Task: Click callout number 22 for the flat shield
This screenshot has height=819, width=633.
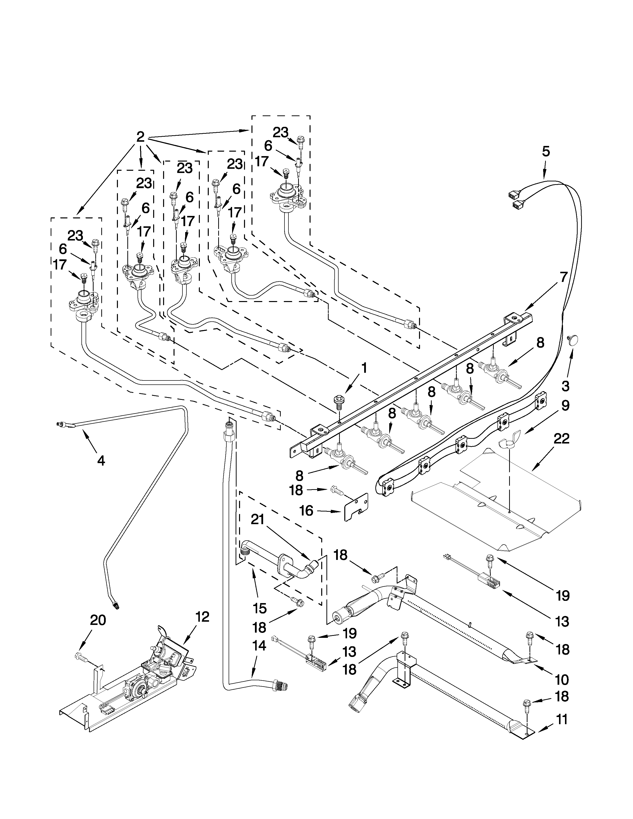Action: click(561, 439)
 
